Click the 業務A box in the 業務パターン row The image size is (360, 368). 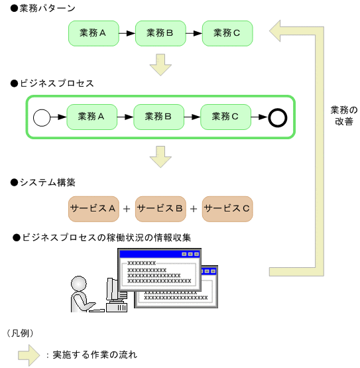pos(93,32)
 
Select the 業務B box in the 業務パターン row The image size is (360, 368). pos(160,32)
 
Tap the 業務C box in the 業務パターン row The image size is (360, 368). pos(227,32)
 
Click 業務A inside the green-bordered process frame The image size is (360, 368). pos(92,117)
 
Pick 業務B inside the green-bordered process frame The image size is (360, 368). pos(159,117)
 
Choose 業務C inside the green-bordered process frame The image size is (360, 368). pos(225,117)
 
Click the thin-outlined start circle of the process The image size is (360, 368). pos(42,117)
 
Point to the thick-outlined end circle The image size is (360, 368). pos(277,117)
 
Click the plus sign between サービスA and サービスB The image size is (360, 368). pos(127,210)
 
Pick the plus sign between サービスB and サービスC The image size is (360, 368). pos(194,210)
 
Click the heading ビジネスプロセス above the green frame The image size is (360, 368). pos(56,84)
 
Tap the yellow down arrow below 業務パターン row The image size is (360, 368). pos(160,64)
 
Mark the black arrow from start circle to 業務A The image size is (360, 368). pos(58,117)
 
